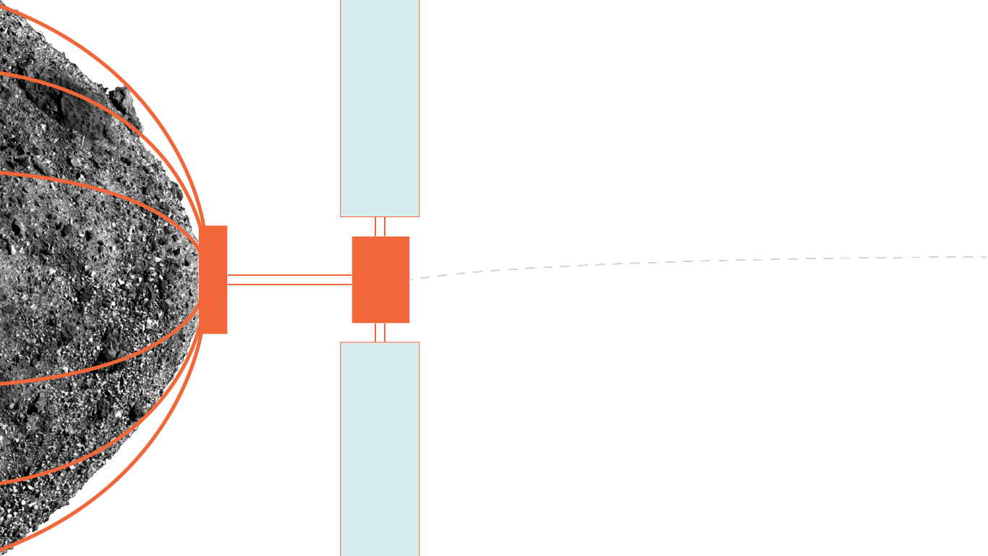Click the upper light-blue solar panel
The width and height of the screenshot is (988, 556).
pos(380,109)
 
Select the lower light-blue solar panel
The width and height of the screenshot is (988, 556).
pos(380,449)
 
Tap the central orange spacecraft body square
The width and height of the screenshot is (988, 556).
pos(380,279)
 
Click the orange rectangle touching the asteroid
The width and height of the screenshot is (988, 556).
pos(214,279)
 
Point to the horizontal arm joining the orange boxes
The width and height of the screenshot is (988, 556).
pos(289,279)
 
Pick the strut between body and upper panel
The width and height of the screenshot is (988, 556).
pos(380,227)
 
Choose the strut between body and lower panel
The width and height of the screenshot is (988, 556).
pos(380,332)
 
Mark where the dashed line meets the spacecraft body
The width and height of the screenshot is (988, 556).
pos(410,279)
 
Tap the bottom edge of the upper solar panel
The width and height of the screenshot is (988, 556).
pos(380,216)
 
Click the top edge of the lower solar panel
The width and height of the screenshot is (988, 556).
pos(380,342)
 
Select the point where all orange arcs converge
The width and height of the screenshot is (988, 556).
pos(203,279)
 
